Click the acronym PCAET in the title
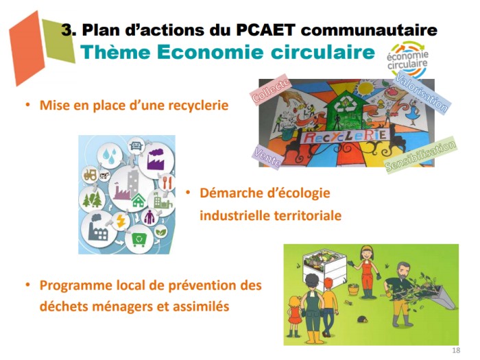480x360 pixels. (266, 30)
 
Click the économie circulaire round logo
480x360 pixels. (407, 59)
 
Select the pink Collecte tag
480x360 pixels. (271, 89)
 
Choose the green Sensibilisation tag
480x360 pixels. (420, 155)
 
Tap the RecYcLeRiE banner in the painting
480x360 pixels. (345, 136)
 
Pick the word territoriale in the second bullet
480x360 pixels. (307, 215)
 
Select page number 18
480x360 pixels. (456, 350)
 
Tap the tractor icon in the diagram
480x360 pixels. (91, 175)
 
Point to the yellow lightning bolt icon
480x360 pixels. (121, 221)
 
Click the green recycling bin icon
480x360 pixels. (139, 239)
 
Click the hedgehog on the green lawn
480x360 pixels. (362, 319)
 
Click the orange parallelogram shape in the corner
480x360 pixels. (27, 49)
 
